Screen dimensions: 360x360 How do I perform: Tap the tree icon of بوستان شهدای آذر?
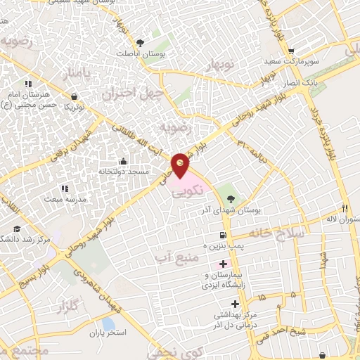click(x=225, y=192)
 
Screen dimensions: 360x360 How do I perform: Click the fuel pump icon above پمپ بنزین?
click(x=223, y=235)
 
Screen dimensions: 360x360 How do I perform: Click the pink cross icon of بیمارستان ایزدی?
click(x=224, y=263)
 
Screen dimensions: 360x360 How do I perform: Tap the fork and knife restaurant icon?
click(x=345, y=208)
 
